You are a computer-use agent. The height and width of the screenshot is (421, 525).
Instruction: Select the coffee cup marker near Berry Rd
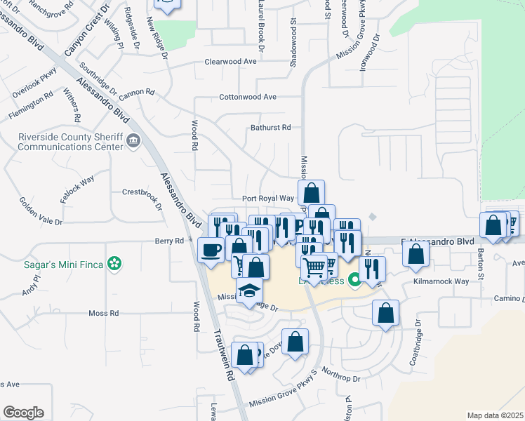[211, 250]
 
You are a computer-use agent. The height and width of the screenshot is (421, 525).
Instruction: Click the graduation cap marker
[250, 291]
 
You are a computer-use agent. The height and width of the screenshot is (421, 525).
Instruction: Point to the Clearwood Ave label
[230, 62]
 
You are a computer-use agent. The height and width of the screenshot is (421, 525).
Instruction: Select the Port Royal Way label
[267, 199]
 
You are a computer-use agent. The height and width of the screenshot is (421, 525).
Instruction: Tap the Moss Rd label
[104, 313]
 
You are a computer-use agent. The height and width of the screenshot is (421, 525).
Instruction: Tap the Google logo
[23, 413]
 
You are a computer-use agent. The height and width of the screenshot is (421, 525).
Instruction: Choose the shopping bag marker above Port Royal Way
[312, 192]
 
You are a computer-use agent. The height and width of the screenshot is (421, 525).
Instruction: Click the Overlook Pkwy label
[34, 82]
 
